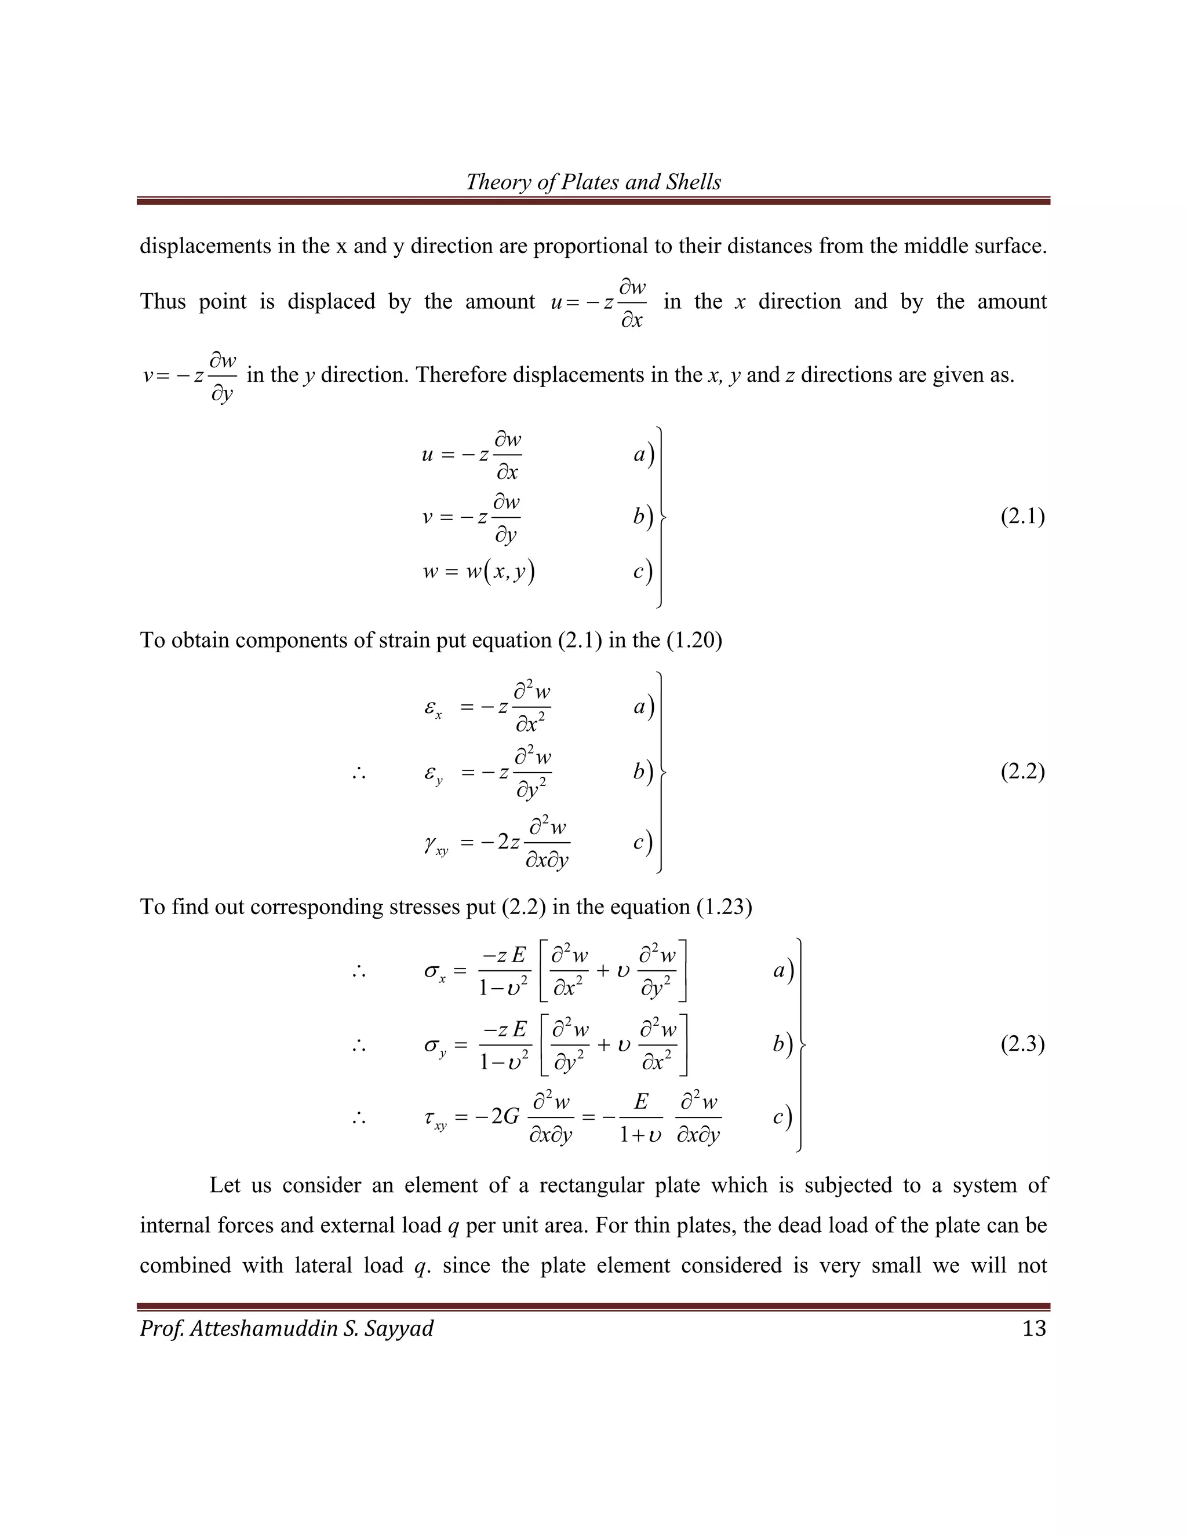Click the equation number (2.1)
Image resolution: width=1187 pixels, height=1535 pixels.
click(x=1022, y=517)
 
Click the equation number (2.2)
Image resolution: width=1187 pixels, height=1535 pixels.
click(x=1022, y=772)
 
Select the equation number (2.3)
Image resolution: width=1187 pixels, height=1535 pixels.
click(x=1022, y=1044)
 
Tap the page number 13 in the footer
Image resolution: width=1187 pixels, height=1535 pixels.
click(x=1034, y=1328)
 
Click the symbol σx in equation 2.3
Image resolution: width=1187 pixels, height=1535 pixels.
click(x=435, y=973)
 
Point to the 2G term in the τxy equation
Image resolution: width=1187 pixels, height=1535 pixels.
click(x=504, y=1117)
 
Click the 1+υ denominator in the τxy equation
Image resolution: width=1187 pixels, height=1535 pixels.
click(x=640, y=1135)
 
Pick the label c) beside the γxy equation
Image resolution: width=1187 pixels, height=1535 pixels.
click(x=642, y=842)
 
